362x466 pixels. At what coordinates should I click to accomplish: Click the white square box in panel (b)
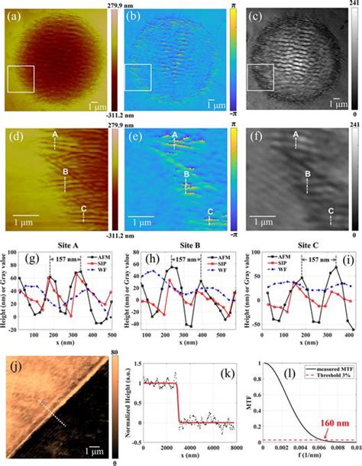(138, 78)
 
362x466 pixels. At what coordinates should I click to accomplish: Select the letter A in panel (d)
(54, 135)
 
